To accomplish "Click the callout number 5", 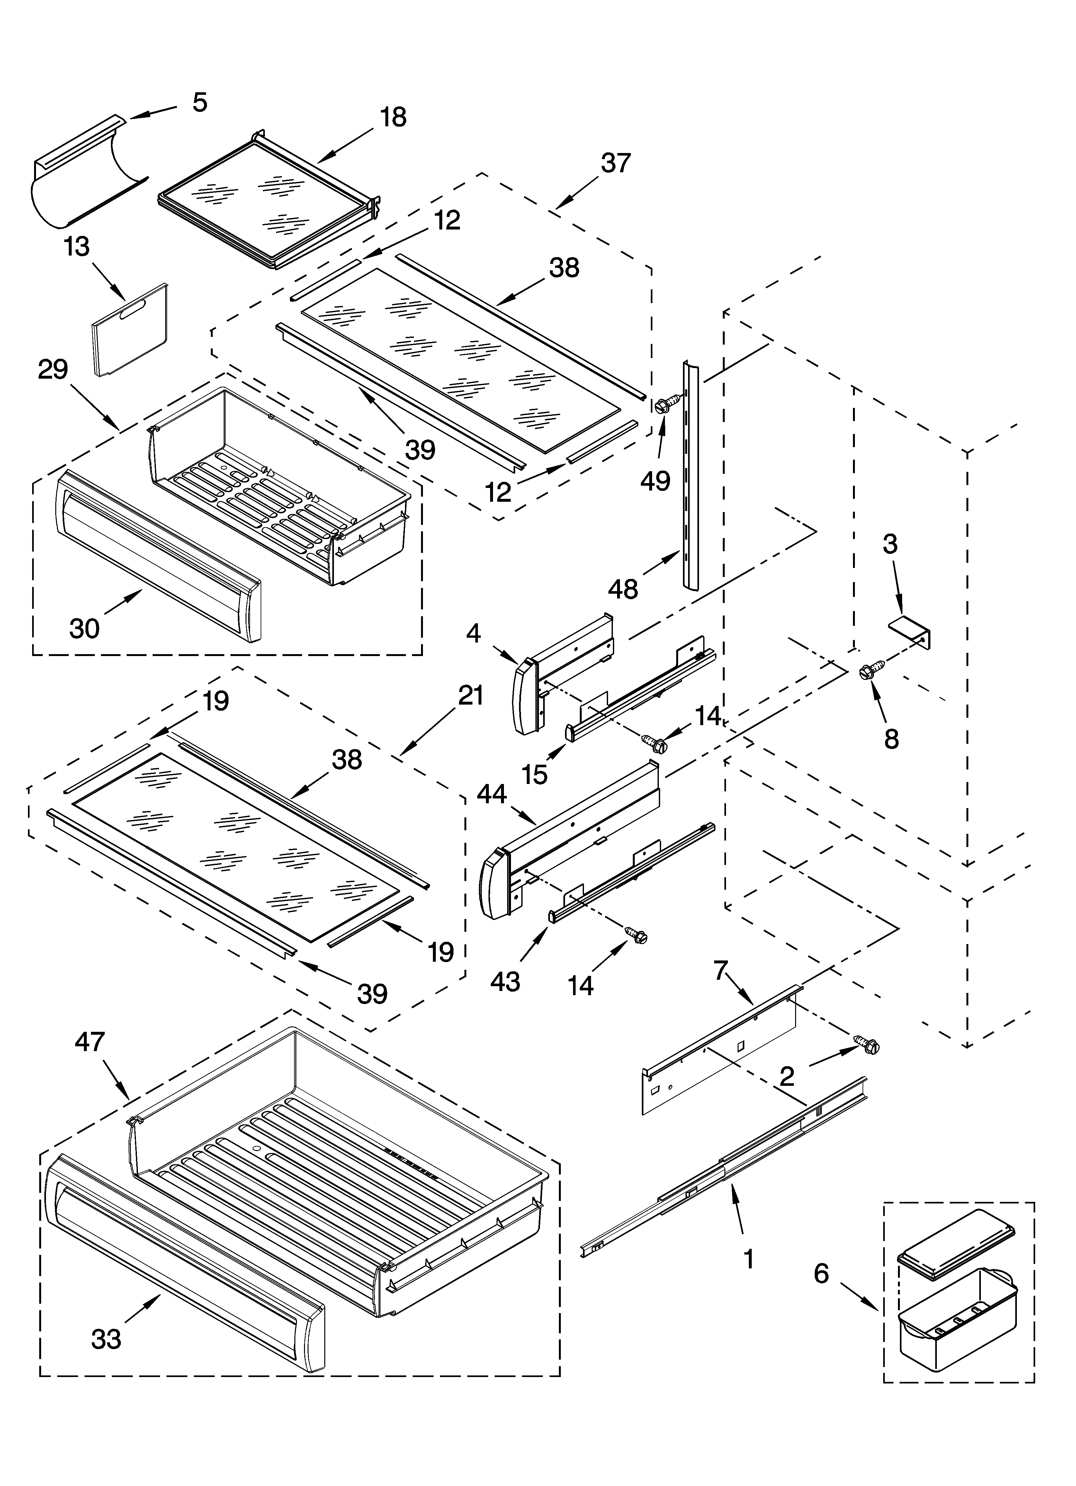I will pyautogui.click(x=200, y=102).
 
